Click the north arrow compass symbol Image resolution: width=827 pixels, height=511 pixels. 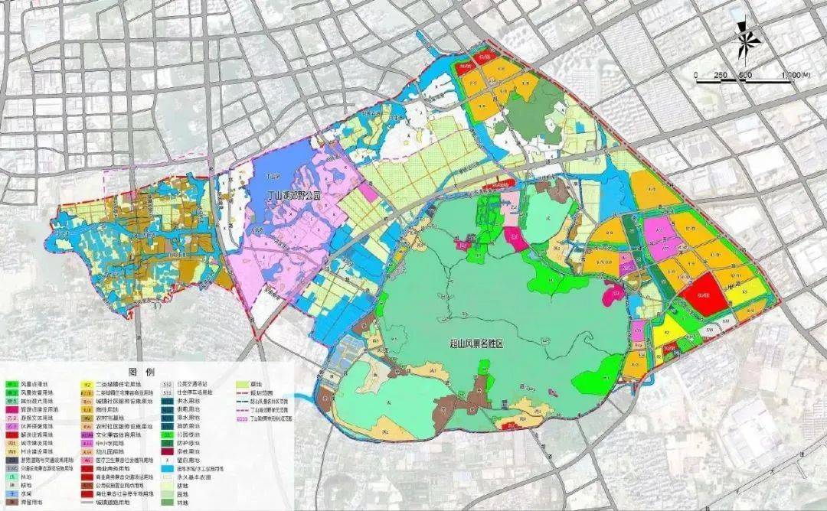[744, 39]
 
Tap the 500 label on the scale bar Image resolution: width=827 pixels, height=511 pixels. [744, 76]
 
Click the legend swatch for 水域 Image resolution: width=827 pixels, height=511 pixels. [11, 493]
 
